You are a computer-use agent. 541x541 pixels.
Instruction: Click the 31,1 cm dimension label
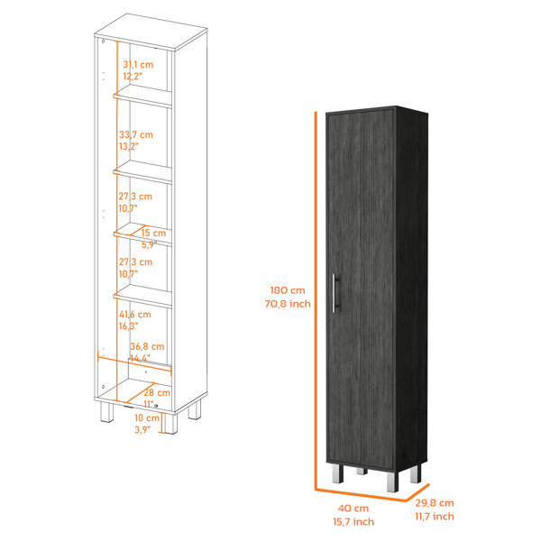138,65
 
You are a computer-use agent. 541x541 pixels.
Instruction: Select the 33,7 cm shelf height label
136,134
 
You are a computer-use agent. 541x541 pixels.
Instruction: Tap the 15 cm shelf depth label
153,233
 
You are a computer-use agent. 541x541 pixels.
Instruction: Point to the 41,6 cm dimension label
135,315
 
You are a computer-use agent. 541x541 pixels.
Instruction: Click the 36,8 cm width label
147,346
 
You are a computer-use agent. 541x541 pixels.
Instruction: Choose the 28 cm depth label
157,392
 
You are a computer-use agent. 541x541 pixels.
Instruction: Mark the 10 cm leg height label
147,418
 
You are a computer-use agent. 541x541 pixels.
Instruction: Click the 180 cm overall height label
288,290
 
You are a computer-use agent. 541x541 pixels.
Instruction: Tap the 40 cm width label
353,509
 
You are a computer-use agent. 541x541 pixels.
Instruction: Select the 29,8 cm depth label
435,503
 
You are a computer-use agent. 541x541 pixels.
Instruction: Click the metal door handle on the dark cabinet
335,293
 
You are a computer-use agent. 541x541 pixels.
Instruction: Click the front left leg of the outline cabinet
107,412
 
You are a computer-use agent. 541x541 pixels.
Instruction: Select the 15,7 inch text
353,522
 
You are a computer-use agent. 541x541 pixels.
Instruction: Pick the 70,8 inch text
288,304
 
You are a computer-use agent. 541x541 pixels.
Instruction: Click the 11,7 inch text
435,517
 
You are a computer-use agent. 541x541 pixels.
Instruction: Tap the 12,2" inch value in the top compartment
133,77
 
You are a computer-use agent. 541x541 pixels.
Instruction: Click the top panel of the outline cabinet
151,31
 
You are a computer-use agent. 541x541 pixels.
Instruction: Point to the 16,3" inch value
128,326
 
